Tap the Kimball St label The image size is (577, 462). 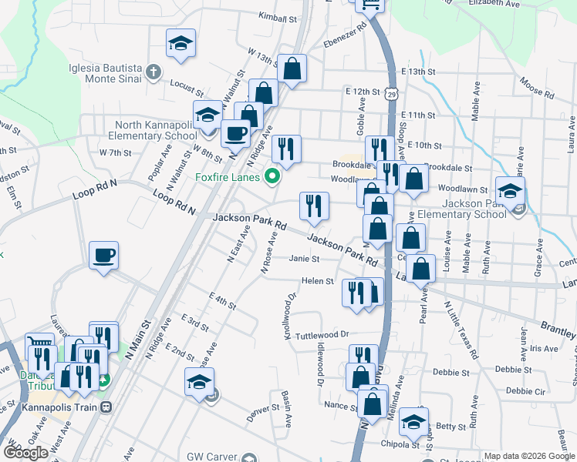tap(278, 16)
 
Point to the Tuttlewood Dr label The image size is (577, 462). tap(323, 335)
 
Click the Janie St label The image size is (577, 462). tap(305, 259)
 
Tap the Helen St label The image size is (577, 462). tap(317, 281)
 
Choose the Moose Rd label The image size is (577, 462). tap(538, 89)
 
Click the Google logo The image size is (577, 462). tap(25, 452)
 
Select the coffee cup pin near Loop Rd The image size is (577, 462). tap(104, 256)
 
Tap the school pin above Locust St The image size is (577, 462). tap(181, 43)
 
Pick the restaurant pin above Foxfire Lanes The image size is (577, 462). tap(286, 150)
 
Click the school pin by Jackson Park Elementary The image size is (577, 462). tap(510, 192)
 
